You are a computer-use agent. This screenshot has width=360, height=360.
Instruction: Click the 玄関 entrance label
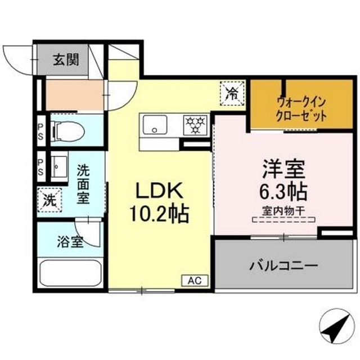coord(66,59)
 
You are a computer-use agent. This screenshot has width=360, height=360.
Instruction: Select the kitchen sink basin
coord(152,125)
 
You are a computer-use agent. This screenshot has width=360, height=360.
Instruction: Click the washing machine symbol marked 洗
coord(49,199)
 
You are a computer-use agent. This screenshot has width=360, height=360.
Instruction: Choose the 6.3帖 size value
coord(283,192)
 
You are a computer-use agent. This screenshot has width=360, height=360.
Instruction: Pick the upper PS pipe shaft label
coord(41,132)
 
